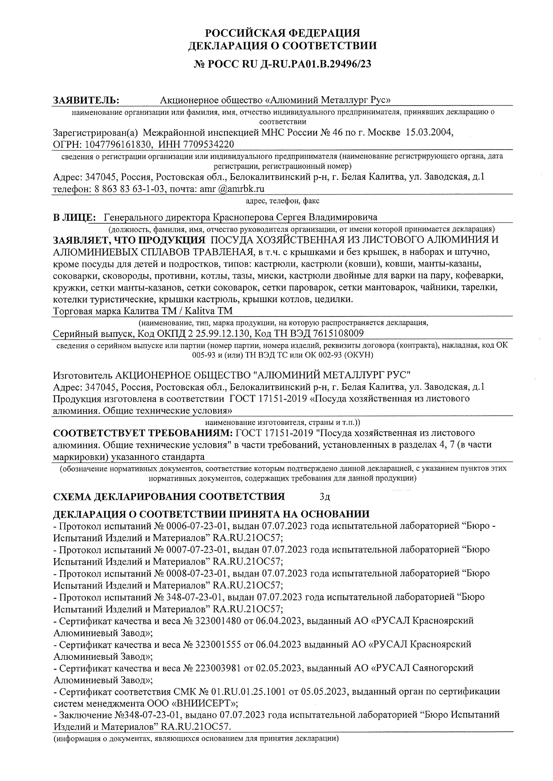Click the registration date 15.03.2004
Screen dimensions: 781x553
point(428,133)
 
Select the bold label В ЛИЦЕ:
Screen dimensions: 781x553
point(74,218)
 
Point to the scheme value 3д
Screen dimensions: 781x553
point(325,497)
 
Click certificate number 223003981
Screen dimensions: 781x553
point(218,668)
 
